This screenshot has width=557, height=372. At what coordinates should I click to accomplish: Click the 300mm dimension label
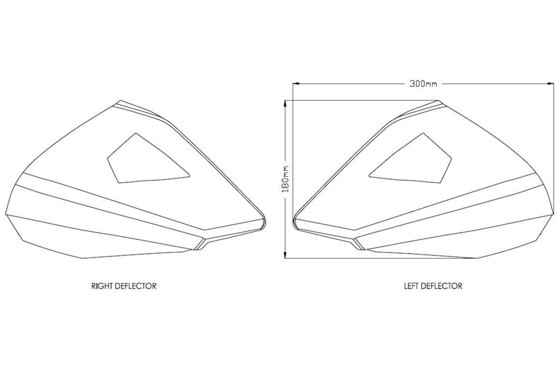pyautogui.click(x=423, y=84)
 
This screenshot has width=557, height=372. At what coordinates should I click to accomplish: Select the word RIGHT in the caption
pyautogui.click(x=102, y=286)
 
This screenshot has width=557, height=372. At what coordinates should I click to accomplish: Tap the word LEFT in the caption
pyautogui.click(x=411, y=286)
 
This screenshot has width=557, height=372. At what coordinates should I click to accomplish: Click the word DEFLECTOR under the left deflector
pyautogui.click(x=441, y=286)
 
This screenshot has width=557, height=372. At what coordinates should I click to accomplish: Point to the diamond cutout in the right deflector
pyautogui.click(x=149, y=158)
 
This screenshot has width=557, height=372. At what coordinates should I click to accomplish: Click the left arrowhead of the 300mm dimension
pyautogui.click(x=295, y=84)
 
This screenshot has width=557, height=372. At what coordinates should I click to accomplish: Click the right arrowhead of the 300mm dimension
pyautogui.click(x=551, y=84)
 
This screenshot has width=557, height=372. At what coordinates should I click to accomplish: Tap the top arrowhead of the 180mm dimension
pyautogui.click(x=285, y=103)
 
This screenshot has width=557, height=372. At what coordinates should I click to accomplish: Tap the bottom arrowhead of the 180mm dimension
pyautogui.click(x=285, y=255)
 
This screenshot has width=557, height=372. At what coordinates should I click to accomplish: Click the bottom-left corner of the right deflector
pyautogui.click(x=82, y=258)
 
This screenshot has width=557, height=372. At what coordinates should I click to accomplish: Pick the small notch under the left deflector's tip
pyautogui.click(x=357, y=244)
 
